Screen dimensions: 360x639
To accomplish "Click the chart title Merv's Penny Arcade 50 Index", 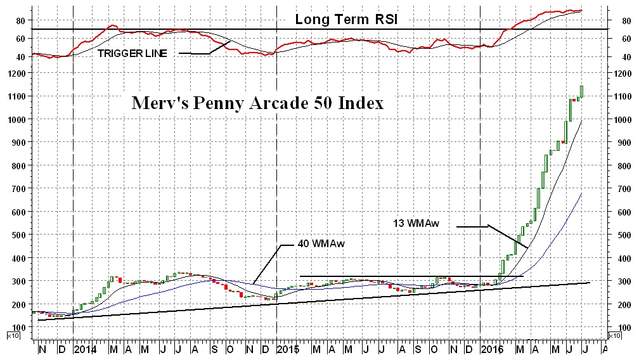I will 257,103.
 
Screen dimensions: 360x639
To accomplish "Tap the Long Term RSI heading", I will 345,20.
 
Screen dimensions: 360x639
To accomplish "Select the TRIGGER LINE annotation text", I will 132,54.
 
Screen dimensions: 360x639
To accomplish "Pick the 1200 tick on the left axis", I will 17,74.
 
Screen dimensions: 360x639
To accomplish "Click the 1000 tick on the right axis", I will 621,120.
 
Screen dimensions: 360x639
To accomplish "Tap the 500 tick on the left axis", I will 19,235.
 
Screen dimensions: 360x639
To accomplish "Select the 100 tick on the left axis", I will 19,328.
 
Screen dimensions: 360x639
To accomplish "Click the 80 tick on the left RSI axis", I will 20,20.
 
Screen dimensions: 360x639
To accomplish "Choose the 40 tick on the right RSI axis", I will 617,57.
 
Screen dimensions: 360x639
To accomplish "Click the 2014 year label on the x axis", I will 85,349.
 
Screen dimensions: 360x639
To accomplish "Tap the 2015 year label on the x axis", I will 288,349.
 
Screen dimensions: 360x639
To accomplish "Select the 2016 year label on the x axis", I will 492,349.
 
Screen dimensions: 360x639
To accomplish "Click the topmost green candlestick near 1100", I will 581,92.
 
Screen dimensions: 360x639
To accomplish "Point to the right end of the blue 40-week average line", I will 581,193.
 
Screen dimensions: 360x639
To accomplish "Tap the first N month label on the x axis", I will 42,349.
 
